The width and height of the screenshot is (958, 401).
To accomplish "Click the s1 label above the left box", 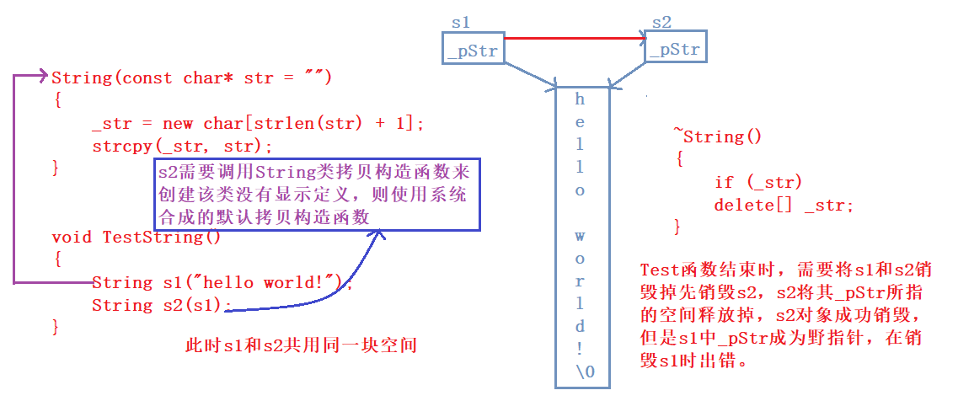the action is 461,23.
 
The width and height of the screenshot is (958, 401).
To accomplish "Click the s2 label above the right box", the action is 661,23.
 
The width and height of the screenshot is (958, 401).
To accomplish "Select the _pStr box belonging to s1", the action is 474,48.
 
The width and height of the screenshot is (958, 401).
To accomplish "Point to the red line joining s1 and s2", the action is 575,39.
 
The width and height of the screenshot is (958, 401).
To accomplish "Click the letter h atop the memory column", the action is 580,99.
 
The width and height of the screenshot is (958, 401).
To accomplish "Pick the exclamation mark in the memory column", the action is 580,349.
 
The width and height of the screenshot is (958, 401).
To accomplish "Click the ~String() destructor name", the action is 717,136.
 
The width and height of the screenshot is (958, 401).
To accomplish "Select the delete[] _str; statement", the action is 784,205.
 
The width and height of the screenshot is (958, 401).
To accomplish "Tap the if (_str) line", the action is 758,182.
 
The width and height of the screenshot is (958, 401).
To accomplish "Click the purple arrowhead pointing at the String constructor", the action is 43,76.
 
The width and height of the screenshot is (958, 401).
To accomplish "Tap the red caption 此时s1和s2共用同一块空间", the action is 301,346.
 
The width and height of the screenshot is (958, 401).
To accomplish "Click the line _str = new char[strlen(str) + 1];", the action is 258,124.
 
